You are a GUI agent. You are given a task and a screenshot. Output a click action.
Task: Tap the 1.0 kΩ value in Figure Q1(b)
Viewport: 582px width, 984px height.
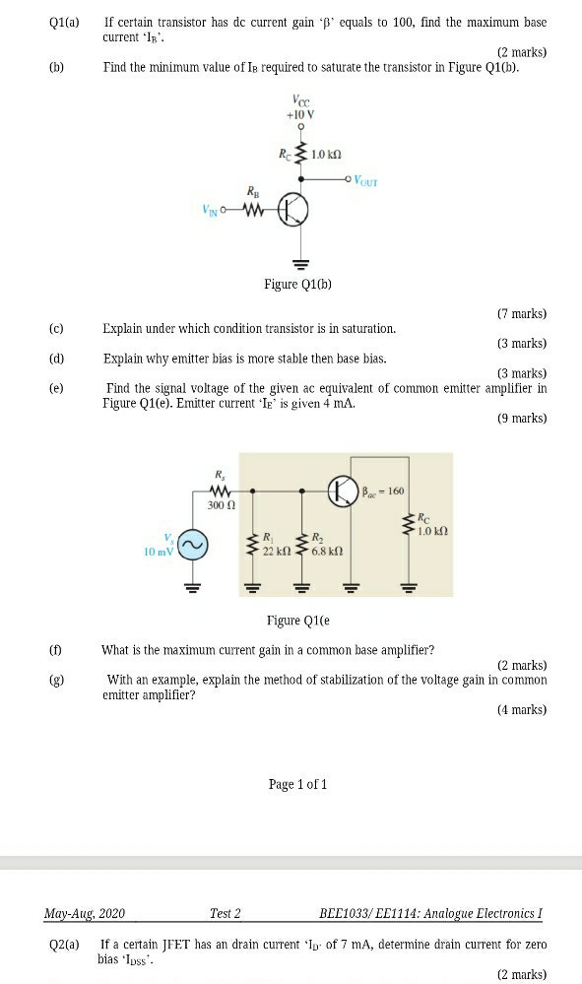click(325, 155)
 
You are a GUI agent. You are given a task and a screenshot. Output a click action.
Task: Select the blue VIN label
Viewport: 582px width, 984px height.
click(213, 210)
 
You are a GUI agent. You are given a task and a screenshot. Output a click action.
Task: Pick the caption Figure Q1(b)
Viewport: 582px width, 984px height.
click(297, 285)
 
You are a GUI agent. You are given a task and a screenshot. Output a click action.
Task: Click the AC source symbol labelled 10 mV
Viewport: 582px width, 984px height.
click(193, 544)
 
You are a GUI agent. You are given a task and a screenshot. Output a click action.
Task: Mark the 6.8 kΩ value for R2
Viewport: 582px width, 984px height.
click(327, 551)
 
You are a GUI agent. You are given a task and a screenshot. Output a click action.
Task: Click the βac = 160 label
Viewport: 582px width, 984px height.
click(385, 491)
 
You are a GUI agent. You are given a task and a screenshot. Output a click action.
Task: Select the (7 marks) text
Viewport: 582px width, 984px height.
click(522, 314)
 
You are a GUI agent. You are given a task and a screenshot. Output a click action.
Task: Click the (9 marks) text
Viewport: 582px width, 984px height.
click(522, 419)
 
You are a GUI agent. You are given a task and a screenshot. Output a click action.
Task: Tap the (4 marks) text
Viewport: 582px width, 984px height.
click(522, 709)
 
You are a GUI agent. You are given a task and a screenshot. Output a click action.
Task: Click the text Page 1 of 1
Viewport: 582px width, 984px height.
click(297, 784)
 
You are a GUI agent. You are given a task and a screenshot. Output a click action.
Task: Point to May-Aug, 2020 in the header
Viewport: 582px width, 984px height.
click(85, 913)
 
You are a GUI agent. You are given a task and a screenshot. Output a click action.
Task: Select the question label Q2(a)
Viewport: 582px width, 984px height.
click(64, 945)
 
